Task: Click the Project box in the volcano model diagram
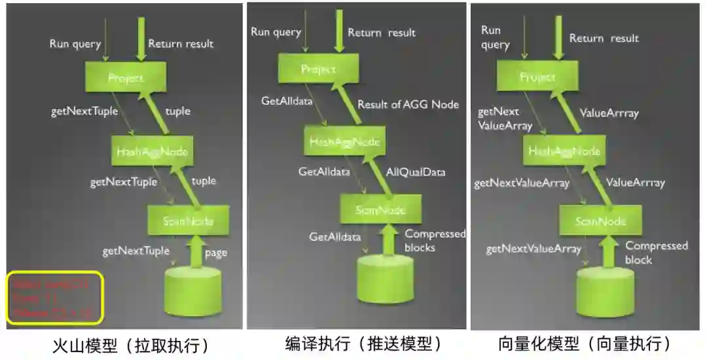click(125, 79)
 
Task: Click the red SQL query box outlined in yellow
click(55, 298)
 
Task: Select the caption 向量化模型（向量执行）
click(585, 343)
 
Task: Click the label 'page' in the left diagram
click(215, 253)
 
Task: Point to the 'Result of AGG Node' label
click(408, 104)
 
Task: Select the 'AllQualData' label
click(415, 172)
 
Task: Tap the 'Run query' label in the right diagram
click(495, 37)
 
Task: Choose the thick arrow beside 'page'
click(194, 253)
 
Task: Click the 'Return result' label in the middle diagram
click(382, 33)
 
